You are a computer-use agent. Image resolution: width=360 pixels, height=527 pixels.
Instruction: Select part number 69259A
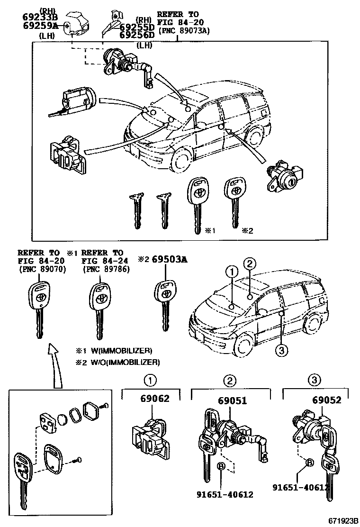[39, 26]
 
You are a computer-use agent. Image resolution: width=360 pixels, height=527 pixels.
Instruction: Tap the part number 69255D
[137, 27]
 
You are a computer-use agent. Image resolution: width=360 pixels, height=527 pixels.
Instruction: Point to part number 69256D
[137, 35]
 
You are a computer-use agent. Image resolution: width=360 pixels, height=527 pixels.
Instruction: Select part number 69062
[154, 400]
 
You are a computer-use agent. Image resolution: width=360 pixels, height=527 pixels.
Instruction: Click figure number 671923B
[342, 520]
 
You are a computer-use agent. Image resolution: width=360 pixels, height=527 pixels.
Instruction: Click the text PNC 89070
[42, 270]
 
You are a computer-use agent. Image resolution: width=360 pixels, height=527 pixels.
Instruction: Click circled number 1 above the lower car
[231, 272]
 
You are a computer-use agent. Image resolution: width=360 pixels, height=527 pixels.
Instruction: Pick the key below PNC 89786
[99, 308]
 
